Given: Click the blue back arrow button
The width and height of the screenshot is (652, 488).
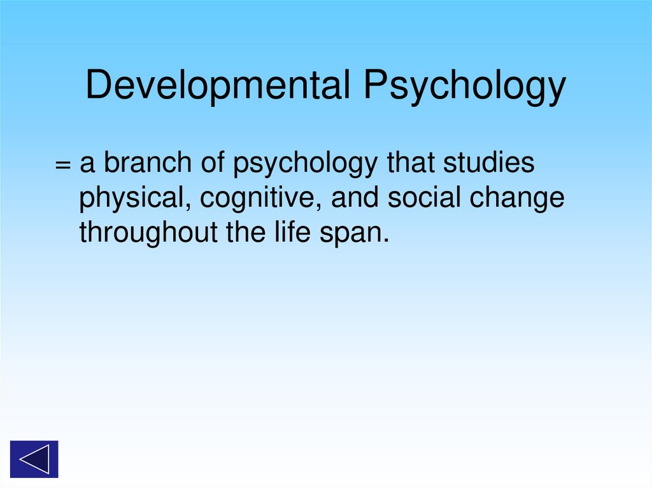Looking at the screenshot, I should [34, 459].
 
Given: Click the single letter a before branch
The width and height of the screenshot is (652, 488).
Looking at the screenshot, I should [87, 165].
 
